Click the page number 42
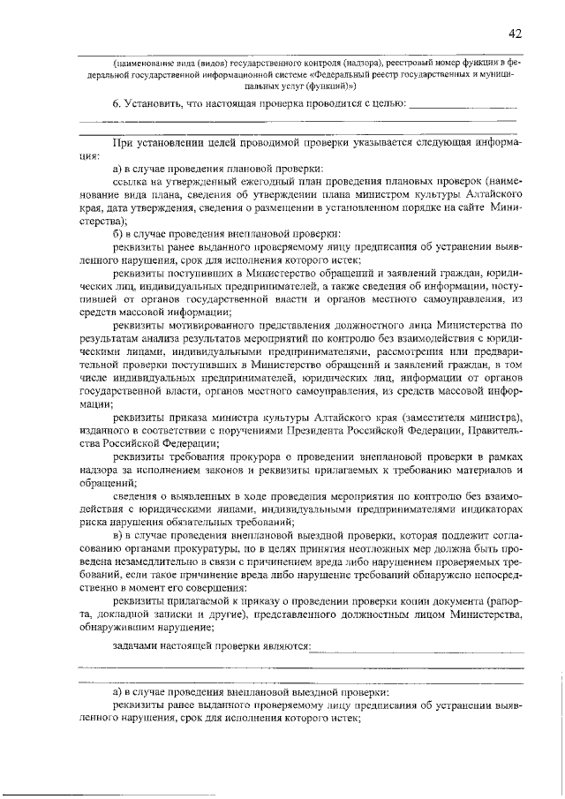coord(515,34)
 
